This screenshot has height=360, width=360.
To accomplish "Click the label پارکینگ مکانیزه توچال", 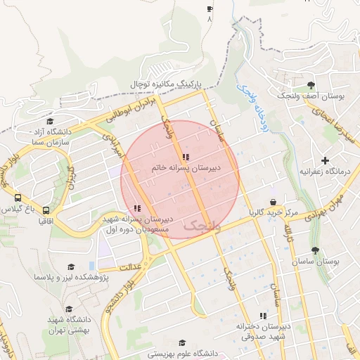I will click(x=165, y=84).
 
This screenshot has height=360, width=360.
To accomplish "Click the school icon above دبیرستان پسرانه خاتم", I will click(x=186, y=157).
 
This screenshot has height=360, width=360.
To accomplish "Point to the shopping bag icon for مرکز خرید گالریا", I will click(x=272, y=202).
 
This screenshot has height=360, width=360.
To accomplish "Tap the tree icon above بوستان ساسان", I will click(x=315, y=250).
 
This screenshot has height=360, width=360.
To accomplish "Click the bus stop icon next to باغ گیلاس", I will click(x=18, y=198).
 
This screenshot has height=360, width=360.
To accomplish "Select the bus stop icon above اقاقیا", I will click(x=46, y=210).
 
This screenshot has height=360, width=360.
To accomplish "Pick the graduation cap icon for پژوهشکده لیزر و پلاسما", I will click(x=70, y=267).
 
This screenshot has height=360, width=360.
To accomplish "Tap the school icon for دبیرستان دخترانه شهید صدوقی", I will click(x=263, y=316).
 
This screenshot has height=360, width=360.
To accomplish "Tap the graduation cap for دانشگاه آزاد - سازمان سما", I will click(x=49, y=121).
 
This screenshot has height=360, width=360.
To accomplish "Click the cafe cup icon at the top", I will click(x=209, y=9).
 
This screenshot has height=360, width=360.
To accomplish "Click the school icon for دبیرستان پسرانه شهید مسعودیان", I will click(x=136, y=208).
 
